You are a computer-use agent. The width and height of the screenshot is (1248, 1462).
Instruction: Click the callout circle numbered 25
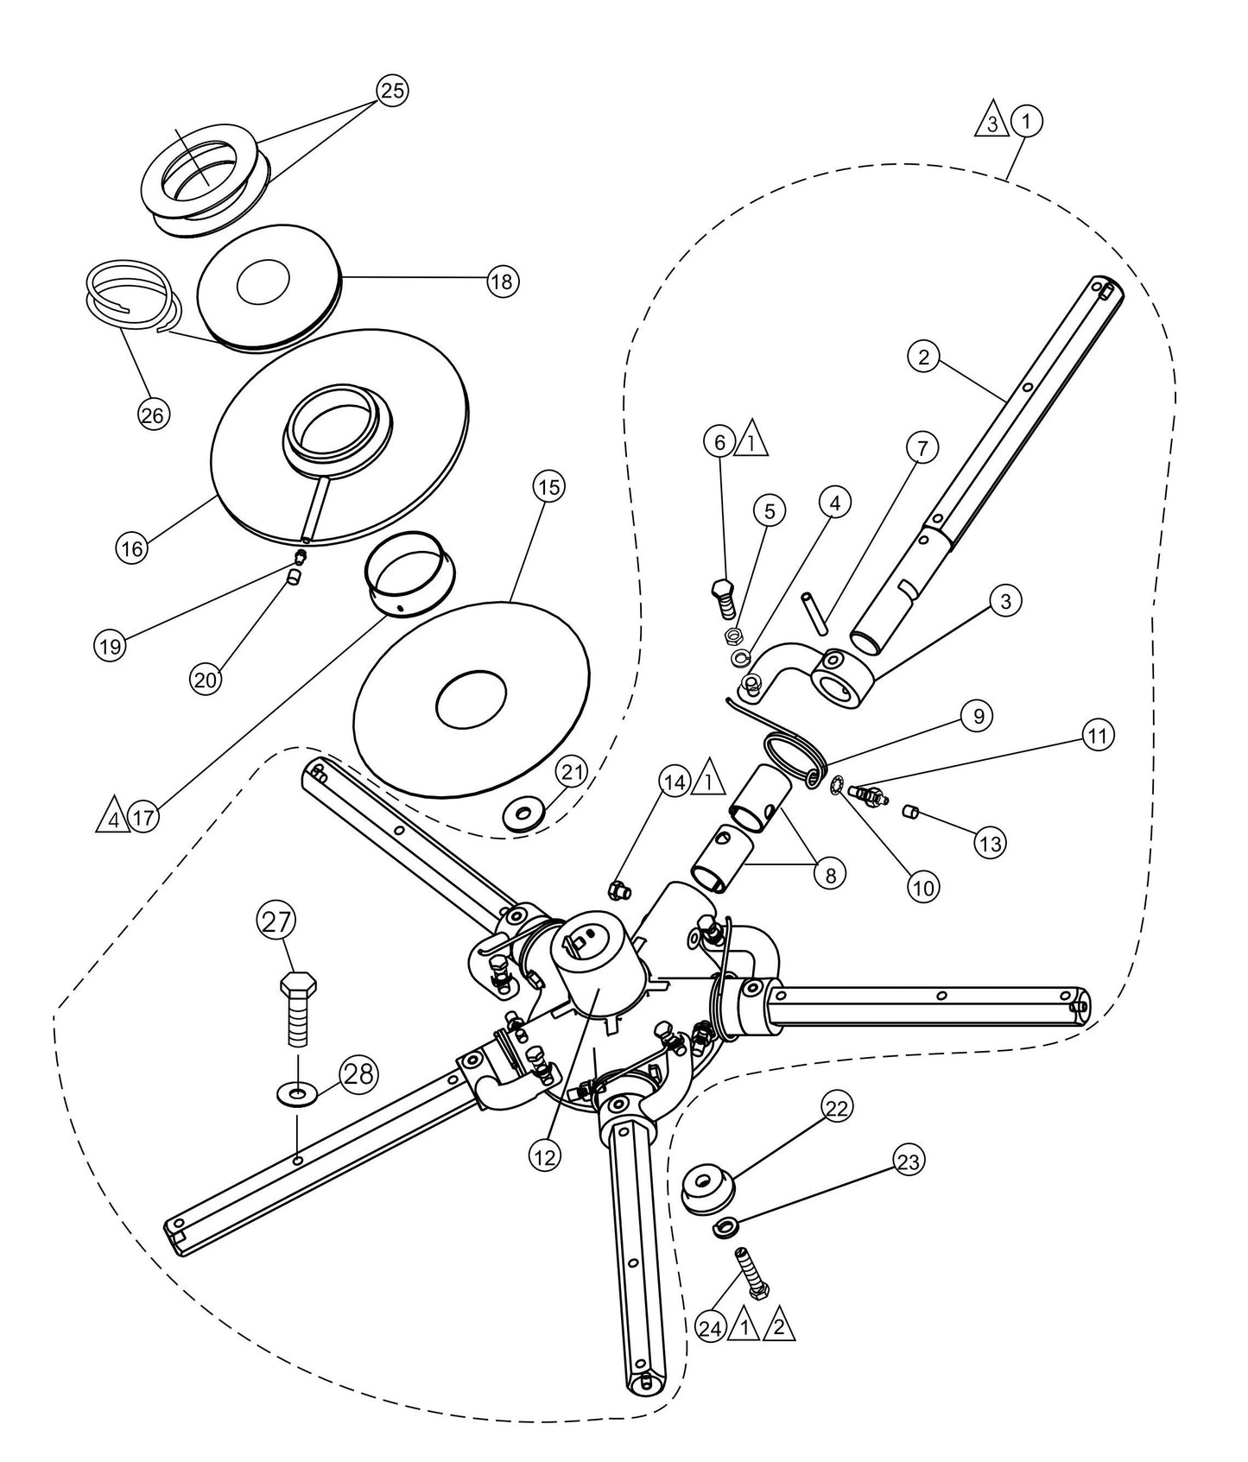click(392, 91)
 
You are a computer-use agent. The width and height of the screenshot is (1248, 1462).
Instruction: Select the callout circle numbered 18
click(502, 282)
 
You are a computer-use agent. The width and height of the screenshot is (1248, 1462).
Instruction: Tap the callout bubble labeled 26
click(153, 415)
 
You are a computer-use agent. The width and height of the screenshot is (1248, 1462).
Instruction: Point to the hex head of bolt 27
click(299, 984)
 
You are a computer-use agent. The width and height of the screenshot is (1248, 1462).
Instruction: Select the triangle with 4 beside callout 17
click(112, 815)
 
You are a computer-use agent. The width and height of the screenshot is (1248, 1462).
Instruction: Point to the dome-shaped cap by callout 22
click(708, 1193)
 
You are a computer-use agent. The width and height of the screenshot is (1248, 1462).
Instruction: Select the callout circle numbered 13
click(991, 842)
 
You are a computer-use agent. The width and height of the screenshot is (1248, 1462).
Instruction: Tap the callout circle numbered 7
click(922, 448)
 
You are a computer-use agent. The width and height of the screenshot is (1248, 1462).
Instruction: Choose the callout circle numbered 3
click(1004, 602)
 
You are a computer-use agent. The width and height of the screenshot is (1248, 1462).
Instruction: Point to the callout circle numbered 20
click(206, 679)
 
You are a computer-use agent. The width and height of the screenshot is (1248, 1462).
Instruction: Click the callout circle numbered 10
click(923, 886)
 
